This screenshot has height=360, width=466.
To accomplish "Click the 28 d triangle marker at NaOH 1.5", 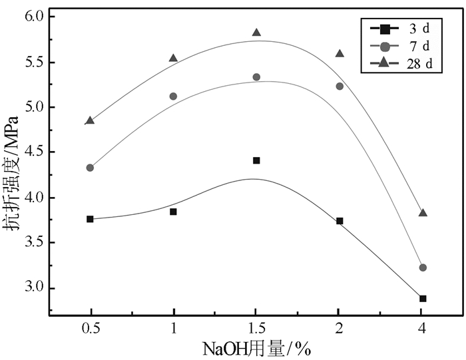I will pyautogui.click(x=256, y=33).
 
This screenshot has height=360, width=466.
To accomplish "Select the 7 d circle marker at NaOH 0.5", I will pyautogui.click(x=90, y=168).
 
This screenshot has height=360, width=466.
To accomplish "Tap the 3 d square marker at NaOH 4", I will pyautogui.click(x=423, y=298).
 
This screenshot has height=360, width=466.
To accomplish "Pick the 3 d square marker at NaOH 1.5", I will pyautogui.click(x=256, y=160).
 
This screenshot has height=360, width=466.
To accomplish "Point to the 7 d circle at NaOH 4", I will pyautogui.click(x=423, y=268).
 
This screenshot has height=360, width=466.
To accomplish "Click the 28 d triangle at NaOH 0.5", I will pyautogui.click(x=90, y=120).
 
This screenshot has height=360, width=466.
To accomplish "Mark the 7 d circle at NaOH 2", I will pyautogui.click(x=340, y=86).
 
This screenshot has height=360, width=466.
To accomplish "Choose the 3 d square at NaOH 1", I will pyautogui.click(x=173, y=212).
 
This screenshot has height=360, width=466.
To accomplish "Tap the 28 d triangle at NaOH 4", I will pyautogui.click(x=423, y=213).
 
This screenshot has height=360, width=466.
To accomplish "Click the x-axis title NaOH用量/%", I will pyautogui.click(x=256, y=349).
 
